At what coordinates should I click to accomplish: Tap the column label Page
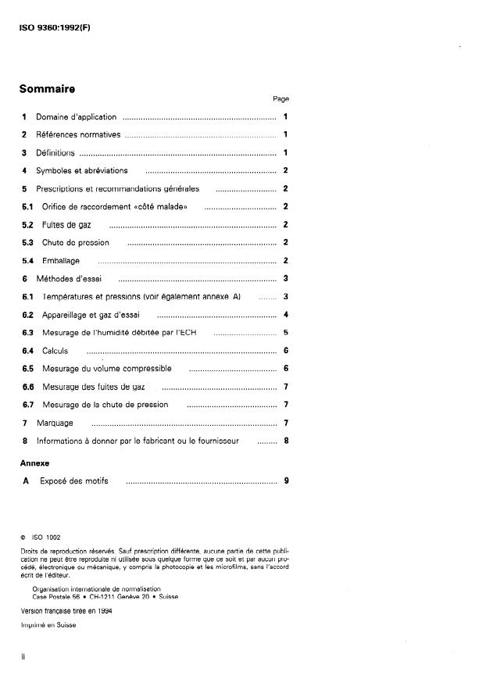(281, 99)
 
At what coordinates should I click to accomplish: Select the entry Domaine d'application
(76, 117)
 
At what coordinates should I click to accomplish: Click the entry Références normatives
(77, 135)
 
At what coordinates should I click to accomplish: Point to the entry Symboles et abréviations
(81, 170)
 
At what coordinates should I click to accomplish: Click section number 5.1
(27, 206)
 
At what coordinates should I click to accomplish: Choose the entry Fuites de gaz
(65, 225)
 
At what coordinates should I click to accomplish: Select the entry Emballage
(60, 260)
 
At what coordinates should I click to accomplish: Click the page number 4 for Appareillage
(286, 315)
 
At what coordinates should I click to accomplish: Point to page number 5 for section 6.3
(286, 333)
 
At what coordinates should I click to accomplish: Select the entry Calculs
(55, 351)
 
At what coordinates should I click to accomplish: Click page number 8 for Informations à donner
(286, 441)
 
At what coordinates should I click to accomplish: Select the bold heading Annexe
(34, 463)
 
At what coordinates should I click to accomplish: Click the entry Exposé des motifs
(72, 481)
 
